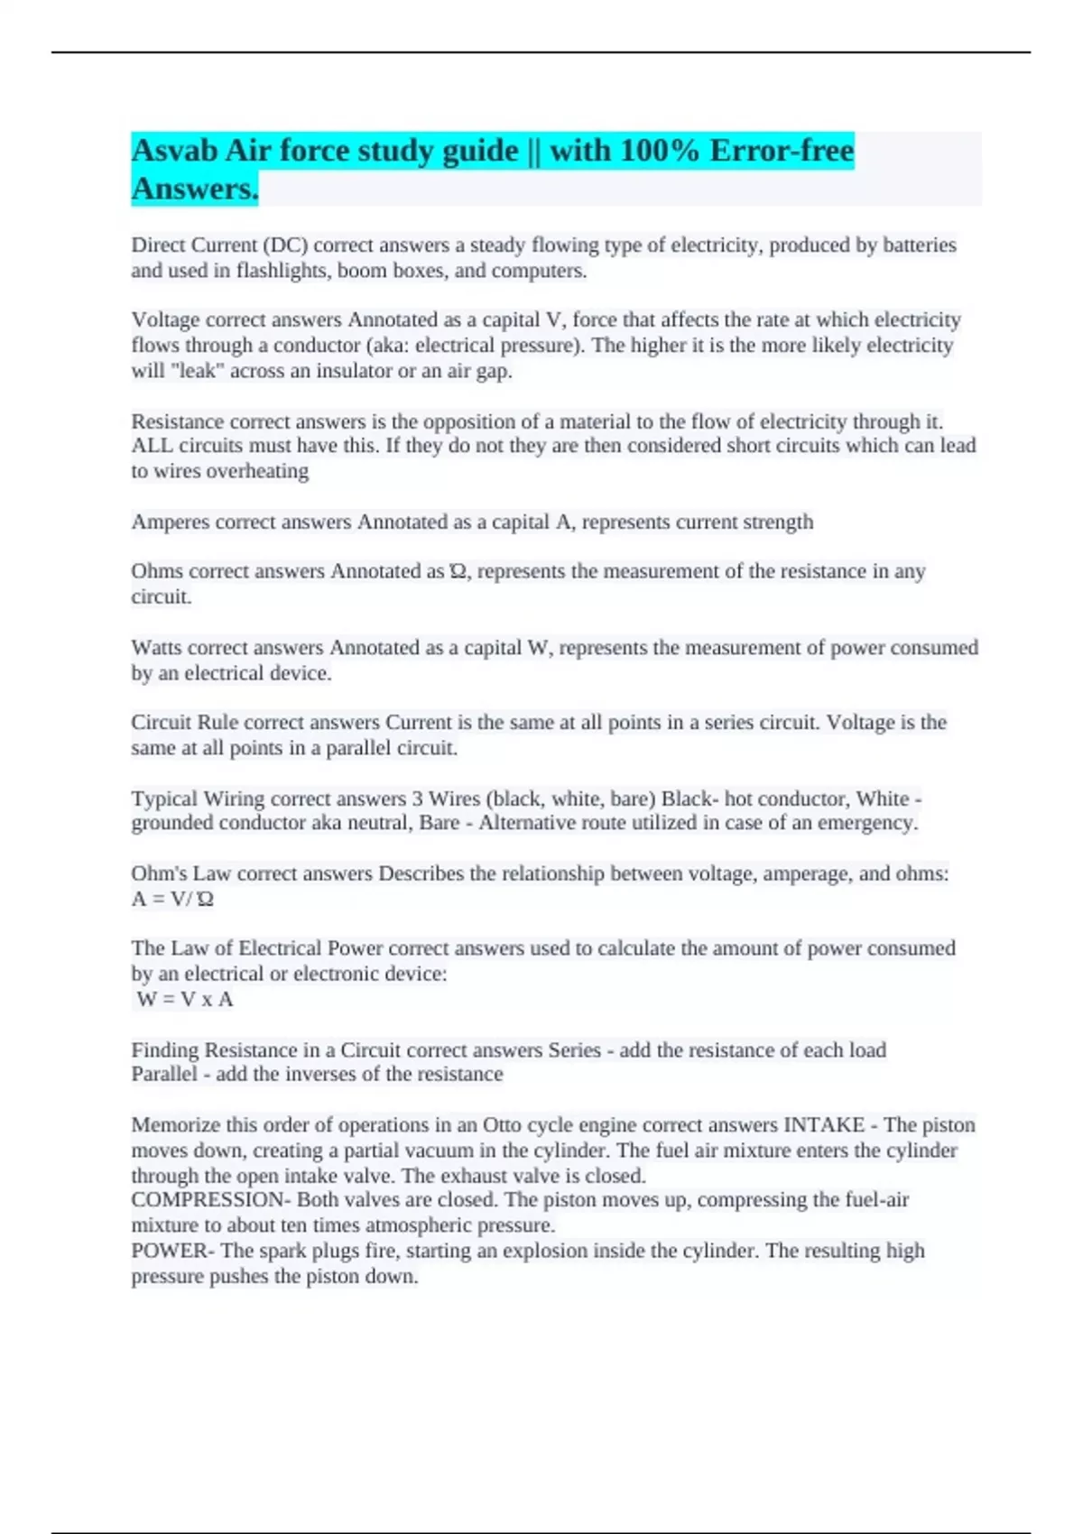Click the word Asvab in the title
point(174,150)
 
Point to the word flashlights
point(283,271)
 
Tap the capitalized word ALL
point(152,446)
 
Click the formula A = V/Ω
point(172,899)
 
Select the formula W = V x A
point(185,999)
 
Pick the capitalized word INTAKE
point(824,1125)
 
